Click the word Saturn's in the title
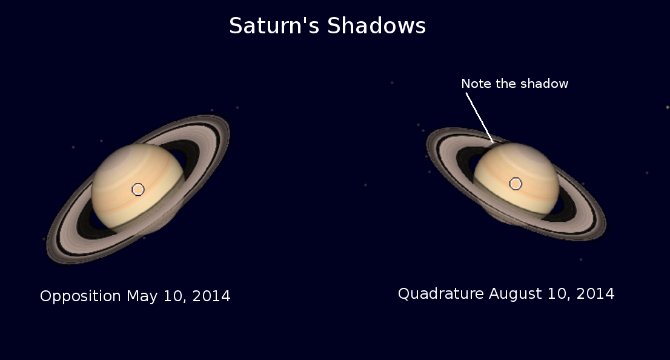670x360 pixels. pyautogui.click(x=274, y=25)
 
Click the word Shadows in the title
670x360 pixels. pyautogui.click(x=376, y=25)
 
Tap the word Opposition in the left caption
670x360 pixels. pyautogui.click(x=81, y=296)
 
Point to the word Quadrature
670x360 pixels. pyautogui.click(x=441, y=294)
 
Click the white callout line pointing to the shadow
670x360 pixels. pyautogui.click(x=479, y=118)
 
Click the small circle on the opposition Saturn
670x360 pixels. pyautogui.click(x=138, y=190)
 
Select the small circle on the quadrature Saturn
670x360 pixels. pyautogui.click(x=516, y=184)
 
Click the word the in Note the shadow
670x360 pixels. pyautogui.click(x=508, y=84)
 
